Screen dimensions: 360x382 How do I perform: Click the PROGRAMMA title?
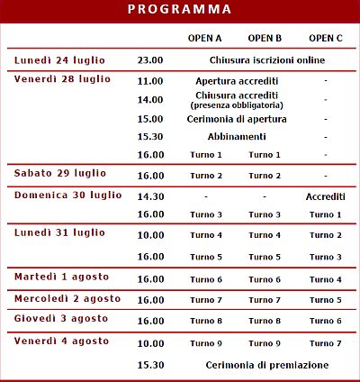click(x=179, y=10)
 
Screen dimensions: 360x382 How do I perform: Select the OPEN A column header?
click(x=204, y=38)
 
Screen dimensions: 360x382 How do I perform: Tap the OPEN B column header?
click(x=265, y=38)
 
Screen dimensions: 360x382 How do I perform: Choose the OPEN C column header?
click(x=325, y=38)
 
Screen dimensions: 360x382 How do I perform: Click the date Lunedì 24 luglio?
click(x=59, y=60)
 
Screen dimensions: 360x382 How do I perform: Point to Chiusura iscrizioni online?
click(x=266, y=60)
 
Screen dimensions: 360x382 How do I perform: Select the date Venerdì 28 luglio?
click(x=62, y=79)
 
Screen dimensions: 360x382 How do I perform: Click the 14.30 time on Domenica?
click(x=150, y=196)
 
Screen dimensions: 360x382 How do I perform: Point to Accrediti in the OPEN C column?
click(x=325, y=196)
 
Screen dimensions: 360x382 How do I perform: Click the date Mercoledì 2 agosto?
click(x=67, y=298)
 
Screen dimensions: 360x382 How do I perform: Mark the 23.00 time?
click(x=150, y=60)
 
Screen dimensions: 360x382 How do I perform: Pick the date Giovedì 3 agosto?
click(x=61, y=319)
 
